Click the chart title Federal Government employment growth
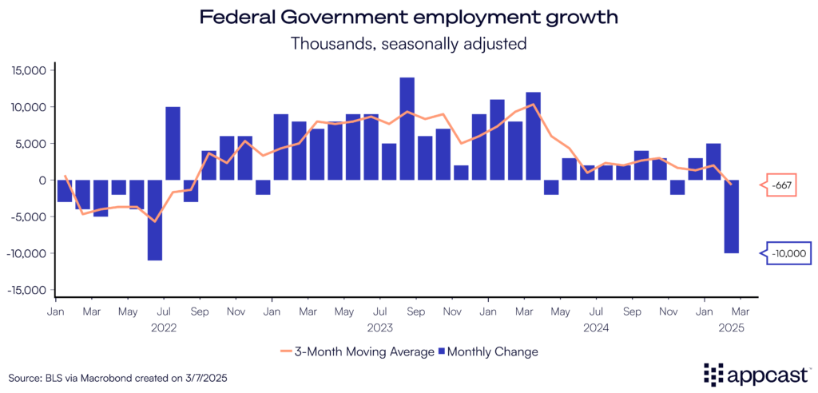(x=408, y=17)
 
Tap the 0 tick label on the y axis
(x=45, y=181)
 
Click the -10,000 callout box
(x=786, y=254)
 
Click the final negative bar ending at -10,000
(x=732, y=216)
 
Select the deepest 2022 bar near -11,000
(x=155, y=220)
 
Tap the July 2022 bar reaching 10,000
(x=173, y=144)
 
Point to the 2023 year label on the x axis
(x=379, y=327)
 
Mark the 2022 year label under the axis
(x=163, y=327)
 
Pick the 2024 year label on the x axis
(x=595, y=327)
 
